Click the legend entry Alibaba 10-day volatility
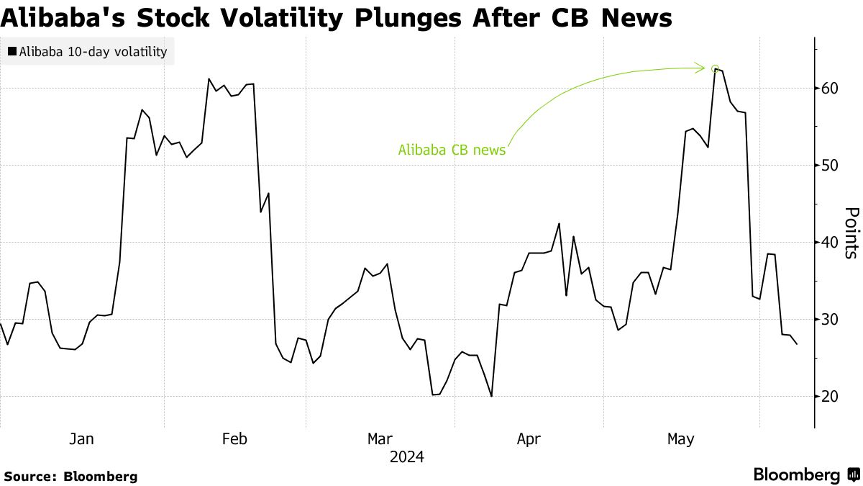(x=93, y=52)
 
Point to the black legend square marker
(x=12, y=52)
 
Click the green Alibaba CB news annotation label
(x=452, y=150)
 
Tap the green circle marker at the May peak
(x=715, y=69)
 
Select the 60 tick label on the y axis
(x=831, y=88)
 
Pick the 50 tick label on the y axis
(x=831, y=165)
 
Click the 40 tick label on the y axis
(x=831, y=242)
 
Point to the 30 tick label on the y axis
(x=831, y=319)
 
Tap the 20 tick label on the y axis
(x=831, y=396)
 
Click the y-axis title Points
(x=851, y=233)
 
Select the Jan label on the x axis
(x=83, y=439)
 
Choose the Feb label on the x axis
(x=234, y=439)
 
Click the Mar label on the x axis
(x=380, y=439)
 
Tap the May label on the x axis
(x=680, y=439)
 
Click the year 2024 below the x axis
(x=406, y=457)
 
